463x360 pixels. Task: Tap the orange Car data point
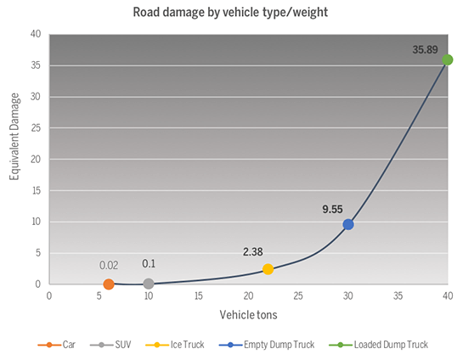109,284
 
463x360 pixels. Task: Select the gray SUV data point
149,284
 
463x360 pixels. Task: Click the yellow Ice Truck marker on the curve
268,269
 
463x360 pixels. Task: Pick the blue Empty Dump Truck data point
348,224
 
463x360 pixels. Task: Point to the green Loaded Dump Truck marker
448,59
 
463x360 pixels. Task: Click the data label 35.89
426,50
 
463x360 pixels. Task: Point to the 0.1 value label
149,264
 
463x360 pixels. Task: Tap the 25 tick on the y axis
36,127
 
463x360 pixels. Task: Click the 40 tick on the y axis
36,34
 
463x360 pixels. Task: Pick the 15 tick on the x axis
199,296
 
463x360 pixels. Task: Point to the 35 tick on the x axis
398,296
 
